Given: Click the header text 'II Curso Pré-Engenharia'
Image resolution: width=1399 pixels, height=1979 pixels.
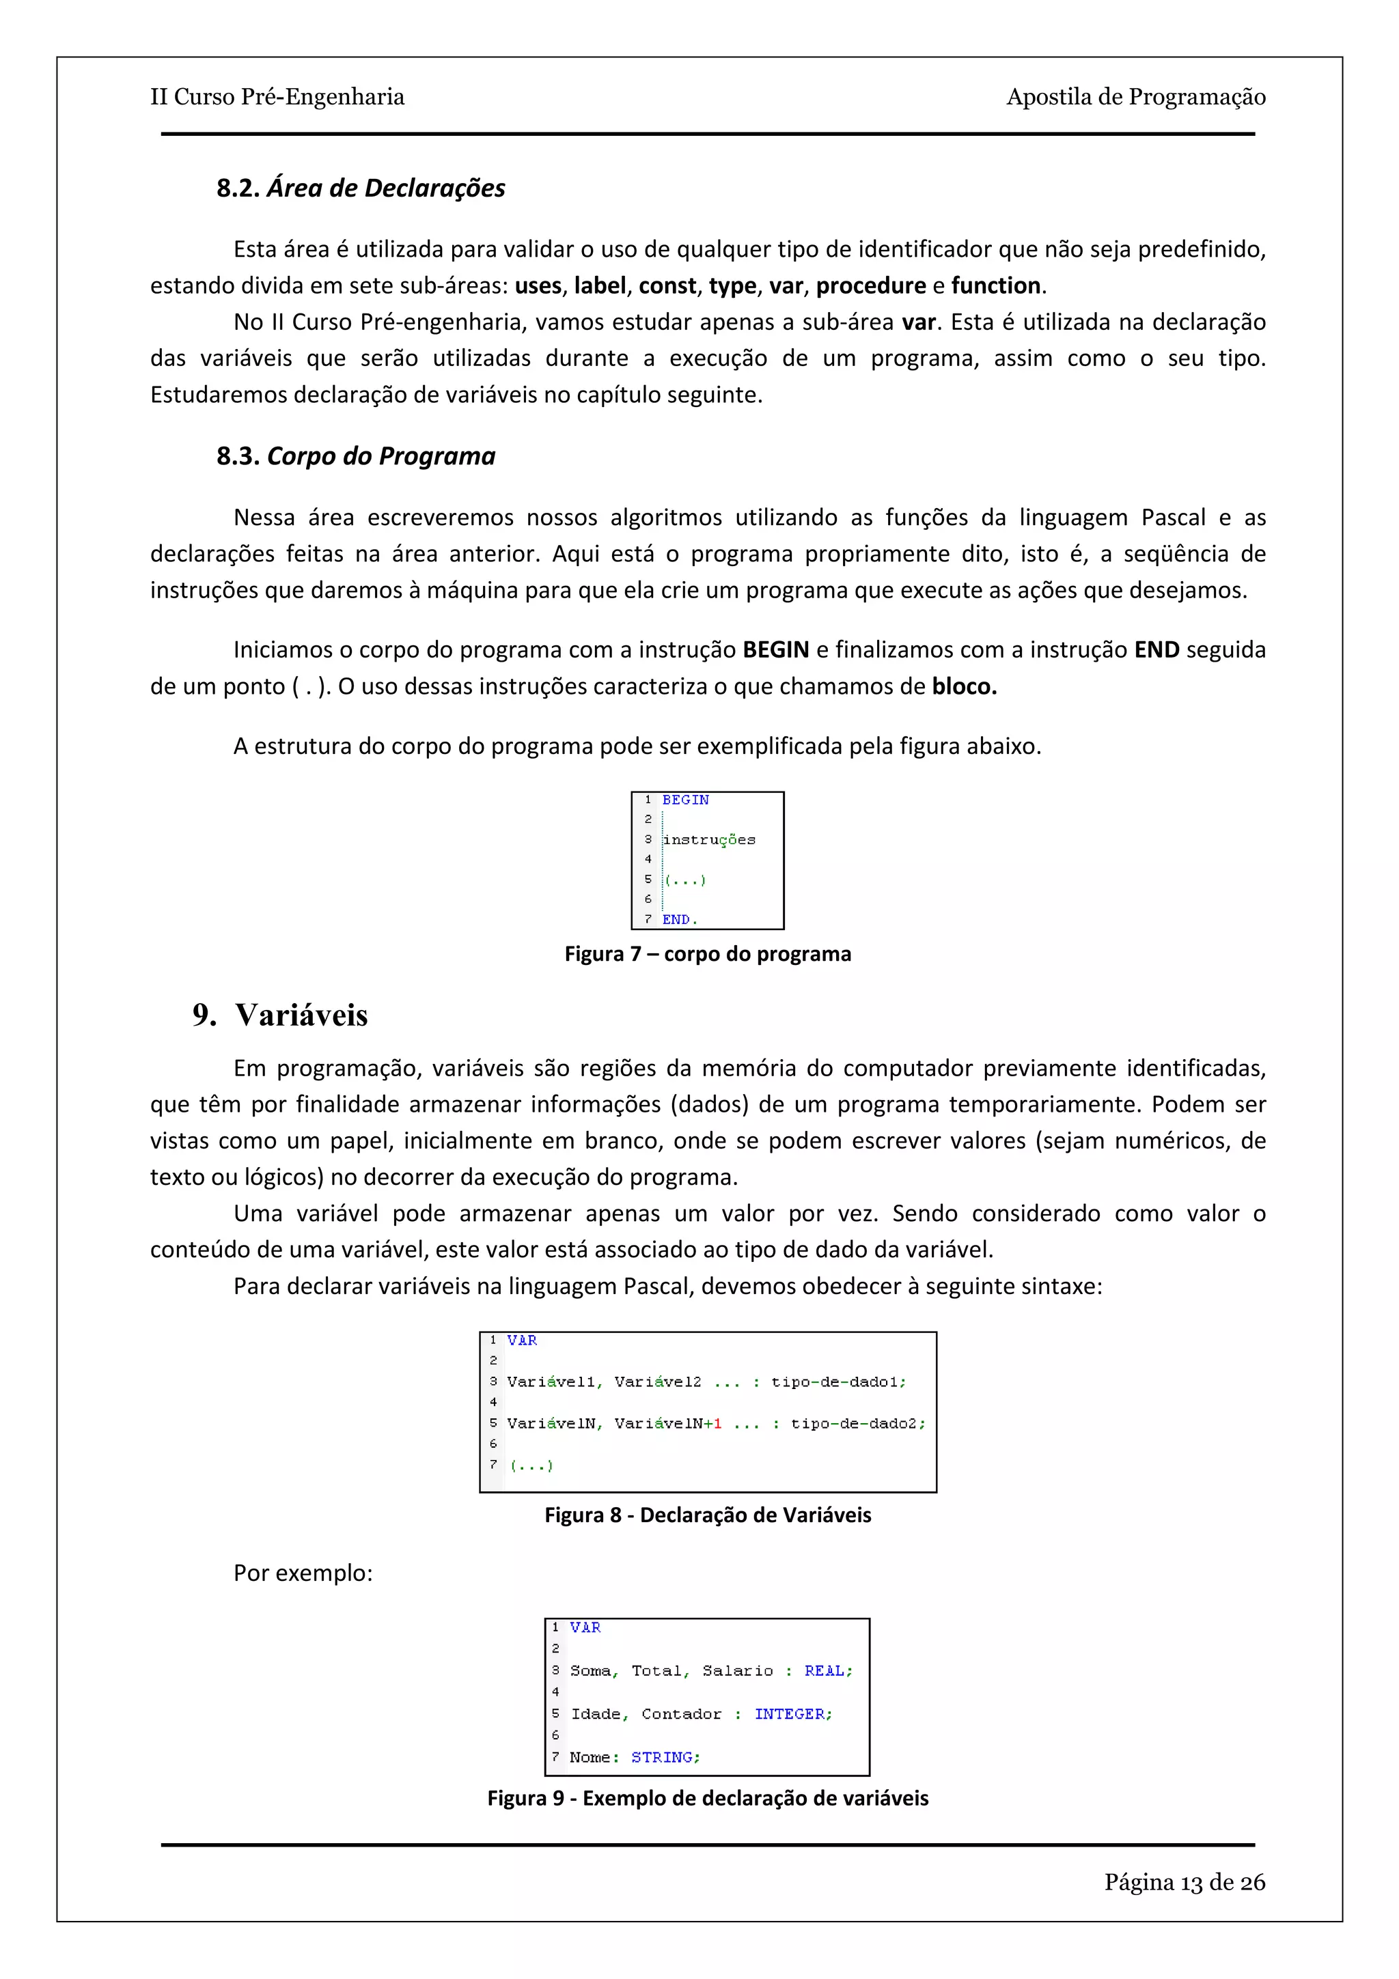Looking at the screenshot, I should click(x=277, y=96).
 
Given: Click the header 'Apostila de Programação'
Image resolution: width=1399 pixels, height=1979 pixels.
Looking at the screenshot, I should click(x=1135, y=96).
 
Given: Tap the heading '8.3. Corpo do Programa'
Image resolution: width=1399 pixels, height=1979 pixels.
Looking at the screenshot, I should click(x=355, y=456).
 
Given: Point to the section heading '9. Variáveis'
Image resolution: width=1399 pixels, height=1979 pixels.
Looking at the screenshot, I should click(x=280, y=1015).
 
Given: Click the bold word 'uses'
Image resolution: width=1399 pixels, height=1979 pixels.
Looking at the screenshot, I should click(x=538, y=285).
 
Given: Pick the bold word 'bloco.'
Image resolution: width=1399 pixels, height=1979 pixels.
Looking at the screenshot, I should click(x=964, y=686).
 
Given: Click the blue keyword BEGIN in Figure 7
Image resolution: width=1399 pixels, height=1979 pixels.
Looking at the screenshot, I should click(x=685, y=800).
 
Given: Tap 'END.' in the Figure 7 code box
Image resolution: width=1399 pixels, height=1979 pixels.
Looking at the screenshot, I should click(x=679, y=920).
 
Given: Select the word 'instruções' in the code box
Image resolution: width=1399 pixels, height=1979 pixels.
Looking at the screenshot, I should click(x=708, y=839).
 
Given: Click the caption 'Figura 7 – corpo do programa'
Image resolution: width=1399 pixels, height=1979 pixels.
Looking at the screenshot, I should click(x=708, y=954).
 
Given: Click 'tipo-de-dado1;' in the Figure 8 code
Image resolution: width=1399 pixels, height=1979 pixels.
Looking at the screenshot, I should click(x=838, y=1381).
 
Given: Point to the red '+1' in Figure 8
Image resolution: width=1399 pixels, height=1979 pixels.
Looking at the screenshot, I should click(x=713, y=1423).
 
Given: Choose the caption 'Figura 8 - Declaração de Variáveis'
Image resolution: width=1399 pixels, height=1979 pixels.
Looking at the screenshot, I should click(x=708, y=1515).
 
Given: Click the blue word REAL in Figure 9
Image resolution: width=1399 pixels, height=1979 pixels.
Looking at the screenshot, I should click(x=824, y=1670).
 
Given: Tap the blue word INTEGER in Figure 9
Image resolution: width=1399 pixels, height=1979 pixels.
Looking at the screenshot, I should click(x=790, y=1713).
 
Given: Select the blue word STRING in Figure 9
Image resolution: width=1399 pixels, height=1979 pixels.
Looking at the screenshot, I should click(x=661, y=1756).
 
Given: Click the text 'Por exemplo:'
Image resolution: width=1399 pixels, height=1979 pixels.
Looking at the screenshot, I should click(x=303, y=1573).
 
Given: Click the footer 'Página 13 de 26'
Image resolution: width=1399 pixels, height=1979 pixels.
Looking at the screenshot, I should click(x=1185, y=1883).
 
